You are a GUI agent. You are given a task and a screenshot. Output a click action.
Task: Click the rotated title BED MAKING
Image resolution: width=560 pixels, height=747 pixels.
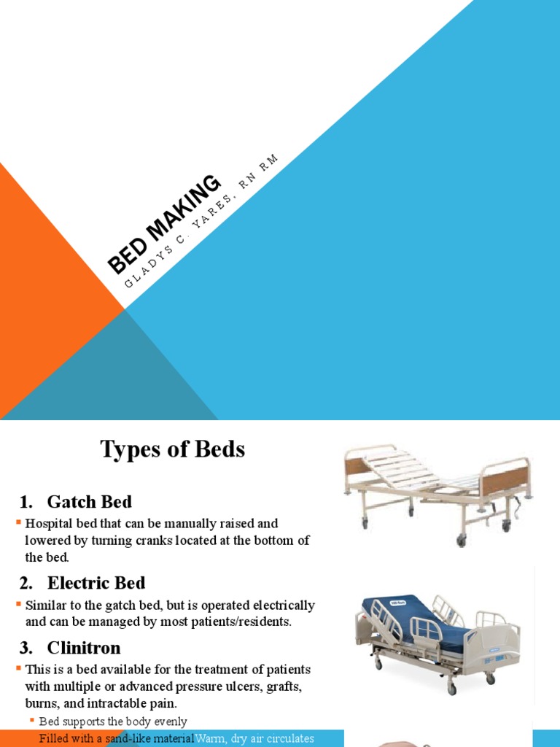coord(165,224)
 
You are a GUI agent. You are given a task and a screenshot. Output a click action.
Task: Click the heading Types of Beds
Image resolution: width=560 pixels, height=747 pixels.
coord(172,450)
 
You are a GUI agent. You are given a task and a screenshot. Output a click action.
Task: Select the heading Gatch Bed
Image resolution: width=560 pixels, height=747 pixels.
coord(89,502)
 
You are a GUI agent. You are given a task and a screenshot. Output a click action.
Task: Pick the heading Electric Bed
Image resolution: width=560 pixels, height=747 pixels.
coord(96,583)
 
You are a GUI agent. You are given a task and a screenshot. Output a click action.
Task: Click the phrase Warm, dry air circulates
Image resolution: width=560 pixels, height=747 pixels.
coord(254,738)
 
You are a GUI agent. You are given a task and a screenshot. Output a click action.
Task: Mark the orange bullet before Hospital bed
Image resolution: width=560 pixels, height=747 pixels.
coord(19,523)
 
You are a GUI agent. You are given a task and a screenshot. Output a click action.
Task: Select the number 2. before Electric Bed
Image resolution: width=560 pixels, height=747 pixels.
coord(27,583)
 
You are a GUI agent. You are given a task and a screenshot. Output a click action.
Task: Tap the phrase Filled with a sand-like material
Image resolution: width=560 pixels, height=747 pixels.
coord(117,738)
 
